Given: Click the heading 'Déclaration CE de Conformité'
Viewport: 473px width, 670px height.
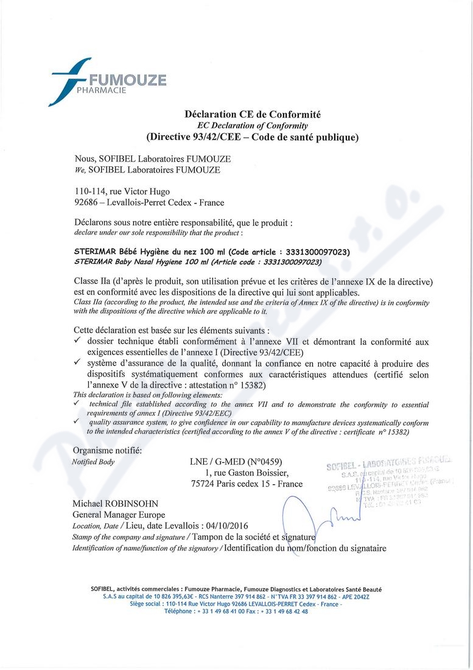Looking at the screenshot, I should tap(252, 114).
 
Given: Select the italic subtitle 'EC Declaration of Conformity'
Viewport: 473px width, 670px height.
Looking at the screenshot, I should tap(252, 125).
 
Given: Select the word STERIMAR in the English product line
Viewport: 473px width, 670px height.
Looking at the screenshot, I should tap(92, 261).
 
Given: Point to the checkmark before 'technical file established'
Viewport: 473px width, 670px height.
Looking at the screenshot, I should tap(76, 404).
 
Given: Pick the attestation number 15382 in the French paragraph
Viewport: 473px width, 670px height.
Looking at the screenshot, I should tap(254, 386).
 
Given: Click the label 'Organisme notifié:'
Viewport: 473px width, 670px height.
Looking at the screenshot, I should tap(107, 450).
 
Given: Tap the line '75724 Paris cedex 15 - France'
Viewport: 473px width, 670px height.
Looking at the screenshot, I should tap(247, 484).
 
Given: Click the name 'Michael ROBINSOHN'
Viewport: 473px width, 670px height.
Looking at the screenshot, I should tap(115, 504).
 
